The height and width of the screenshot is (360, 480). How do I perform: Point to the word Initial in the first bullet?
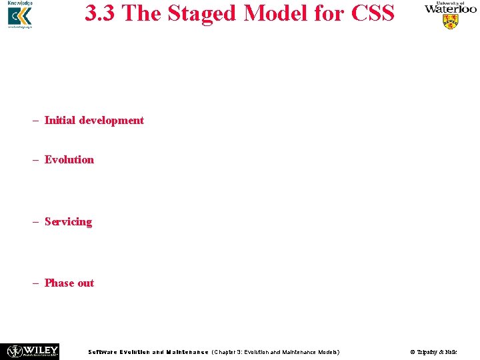click(60, 121)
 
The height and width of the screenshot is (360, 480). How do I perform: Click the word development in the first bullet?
click(111, 121)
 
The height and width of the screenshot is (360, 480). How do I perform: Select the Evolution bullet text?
click(69, 159)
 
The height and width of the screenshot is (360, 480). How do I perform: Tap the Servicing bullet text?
click(68, 221)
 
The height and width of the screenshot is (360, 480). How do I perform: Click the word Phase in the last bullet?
click(59, 283)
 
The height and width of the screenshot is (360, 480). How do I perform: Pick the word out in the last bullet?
click(85, 283)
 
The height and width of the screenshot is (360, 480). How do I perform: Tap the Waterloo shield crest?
click(451, 21)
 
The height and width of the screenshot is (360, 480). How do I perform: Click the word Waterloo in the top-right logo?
click(451, 9)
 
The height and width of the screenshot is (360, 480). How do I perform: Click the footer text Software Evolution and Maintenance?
click(148, 352)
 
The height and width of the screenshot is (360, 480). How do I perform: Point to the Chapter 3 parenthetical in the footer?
click(275, 352)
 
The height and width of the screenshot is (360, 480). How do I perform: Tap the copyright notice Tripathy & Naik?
click(433, 352)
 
